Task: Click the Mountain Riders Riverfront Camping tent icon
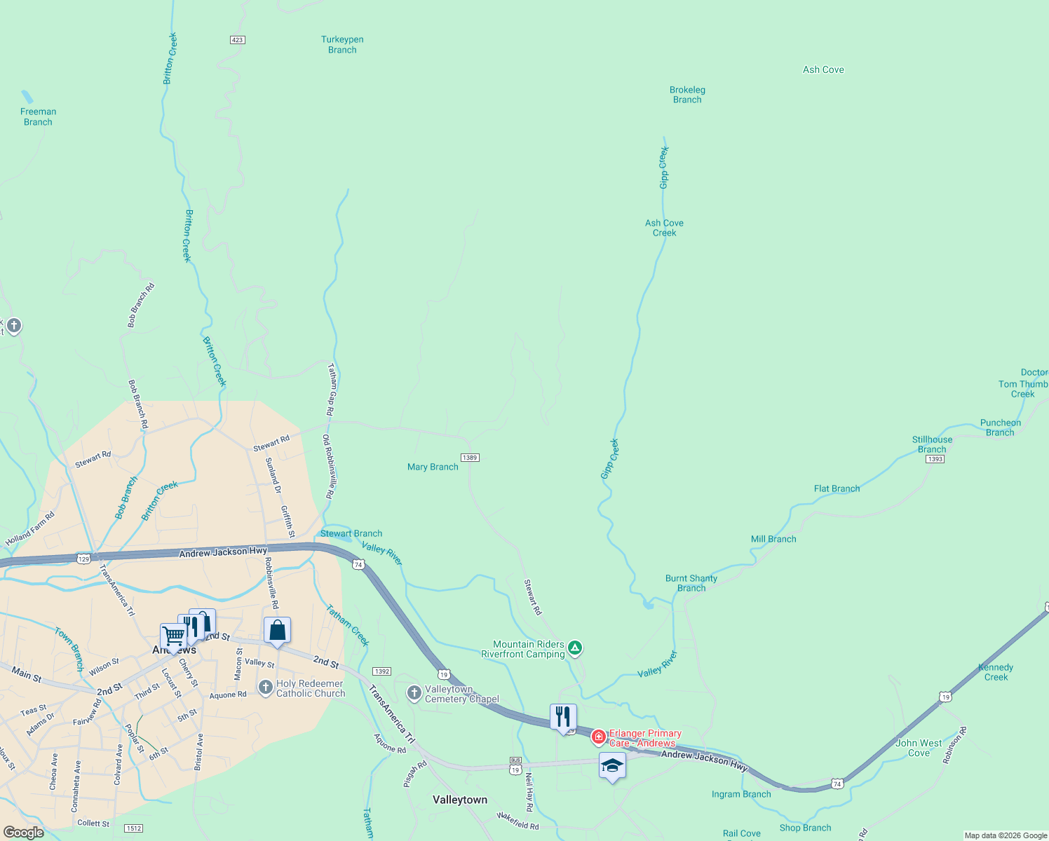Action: point(574,648)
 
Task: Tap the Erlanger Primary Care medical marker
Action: point(599,737)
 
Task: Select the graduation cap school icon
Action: point(612,766)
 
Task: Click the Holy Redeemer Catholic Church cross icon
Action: point(265,687)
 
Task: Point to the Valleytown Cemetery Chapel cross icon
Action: point(414,693)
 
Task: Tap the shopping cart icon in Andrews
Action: point(173,636)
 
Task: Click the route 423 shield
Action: point(237,40)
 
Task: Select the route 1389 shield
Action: point(470,458)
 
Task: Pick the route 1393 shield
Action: point(935,459)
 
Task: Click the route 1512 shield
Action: point(134,828)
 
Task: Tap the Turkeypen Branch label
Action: point(342,45)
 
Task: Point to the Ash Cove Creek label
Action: point(664,228)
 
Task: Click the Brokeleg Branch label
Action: point(687,95)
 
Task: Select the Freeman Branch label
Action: point(38,116)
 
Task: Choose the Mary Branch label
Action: point(433,467)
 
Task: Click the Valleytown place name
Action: point(460,800)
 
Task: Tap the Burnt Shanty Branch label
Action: point(691,583)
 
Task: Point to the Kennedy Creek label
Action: point(996,672)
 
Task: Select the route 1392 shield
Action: point(381,671)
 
